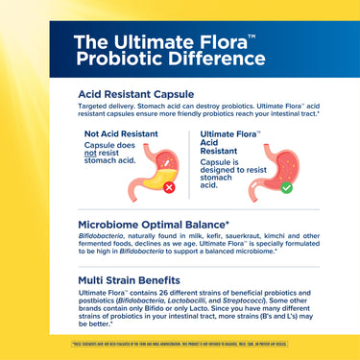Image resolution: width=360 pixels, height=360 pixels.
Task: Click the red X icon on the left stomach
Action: [170, 188]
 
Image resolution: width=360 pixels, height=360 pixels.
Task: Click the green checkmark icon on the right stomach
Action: [286, 187]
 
